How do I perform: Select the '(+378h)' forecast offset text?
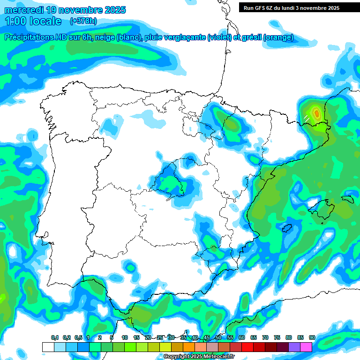pyautogui.click(x=83, y=21)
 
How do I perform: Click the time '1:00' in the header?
pyautogui.click(x=16, y=21)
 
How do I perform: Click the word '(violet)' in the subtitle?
pyautogui.click(x=219, y=38)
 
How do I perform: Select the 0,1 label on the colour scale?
pyautogui.click(x=55, y=337)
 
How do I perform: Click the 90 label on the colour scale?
pyautogui.click(x=312, y=337)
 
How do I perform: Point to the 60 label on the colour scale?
pyautogui.click(x=242, y=337)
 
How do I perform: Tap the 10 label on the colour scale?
pyautogui.click(x=125, y=337)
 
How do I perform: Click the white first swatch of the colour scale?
pyautogui.click(x=48, y=347)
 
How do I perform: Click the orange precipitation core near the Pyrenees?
pyautogui.click(x=317, y=112)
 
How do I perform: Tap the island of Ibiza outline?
pyautogui.click(x=287, y=228)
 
